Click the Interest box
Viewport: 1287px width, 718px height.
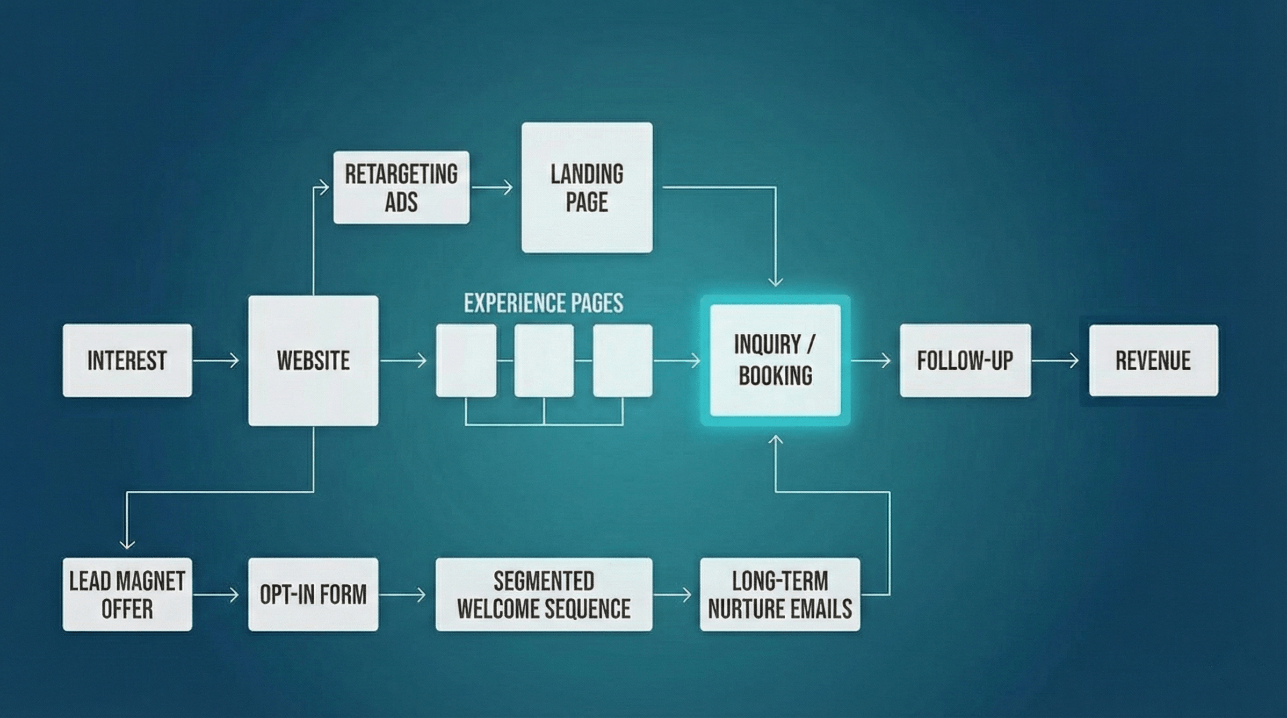pos(127,360)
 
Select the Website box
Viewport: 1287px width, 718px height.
pos(313,360)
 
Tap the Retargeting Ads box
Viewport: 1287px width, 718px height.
pos(401,187)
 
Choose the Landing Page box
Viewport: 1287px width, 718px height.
pos(587,187)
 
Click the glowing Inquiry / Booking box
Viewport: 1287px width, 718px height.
pos(775,360)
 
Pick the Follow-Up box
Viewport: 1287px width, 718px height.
pos(965,360)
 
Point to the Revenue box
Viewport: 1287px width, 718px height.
pos(1153,360)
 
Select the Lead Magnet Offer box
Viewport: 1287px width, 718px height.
pos(127,594)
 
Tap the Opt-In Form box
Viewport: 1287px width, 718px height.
pos(313,594)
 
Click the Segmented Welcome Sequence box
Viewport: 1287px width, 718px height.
pos(543,594)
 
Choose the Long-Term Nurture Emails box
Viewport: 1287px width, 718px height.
pos(780,594)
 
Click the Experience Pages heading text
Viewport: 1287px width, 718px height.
pos(543,303)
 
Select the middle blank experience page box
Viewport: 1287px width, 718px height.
pos(543,360)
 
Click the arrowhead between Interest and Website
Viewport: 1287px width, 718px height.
pos(235,360)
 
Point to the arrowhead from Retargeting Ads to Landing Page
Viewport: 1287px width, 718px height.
pos(509,187)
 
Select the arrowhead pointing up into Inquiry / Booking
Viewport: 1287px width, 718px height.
pos(775,439)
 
